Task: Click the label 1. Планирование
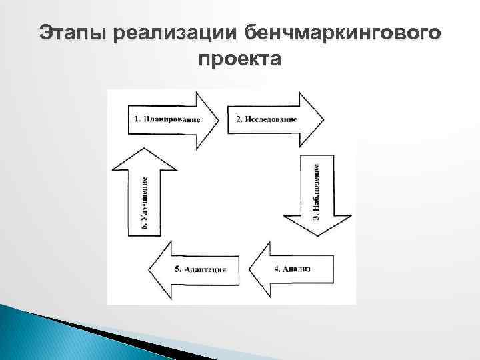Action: click(167, 119)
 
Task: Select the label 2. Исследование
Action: click(267, 119)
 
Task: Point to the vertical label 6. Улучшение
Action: click(145, 203)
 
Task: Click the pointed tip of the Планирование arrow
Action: click(220, 119)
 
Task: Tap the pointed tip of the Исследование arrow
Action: click(324, 119)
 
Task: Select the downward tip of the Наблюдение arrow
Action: click(318, 237)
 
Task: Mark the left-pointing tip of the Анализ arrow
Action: click(249, 269)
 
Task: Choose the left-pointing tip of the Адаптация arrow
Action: click(149, 269)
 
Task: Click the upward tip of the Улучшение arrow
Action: click(145, 147)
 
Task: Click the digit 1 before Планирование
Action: click(137, 119)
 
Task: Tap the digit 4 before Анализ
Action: click(277, 269)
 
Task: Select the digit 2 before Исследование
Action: click(238, 119)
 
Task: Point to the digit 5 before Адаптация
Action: click(177, 269)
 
